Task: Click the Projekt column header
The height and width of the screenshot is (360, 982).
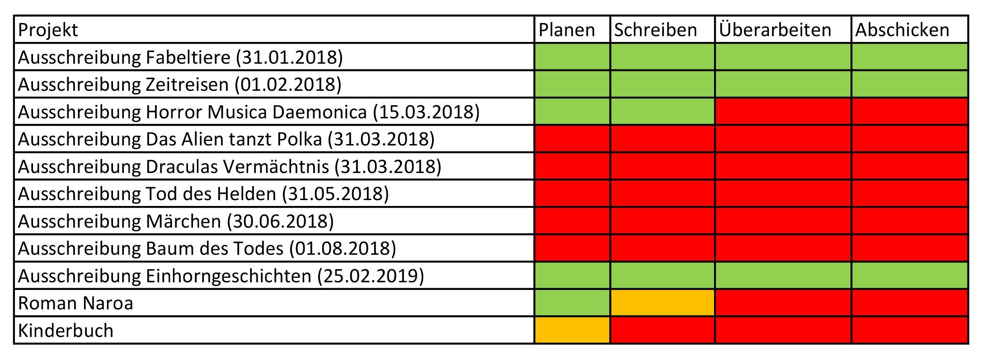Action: (48, 30)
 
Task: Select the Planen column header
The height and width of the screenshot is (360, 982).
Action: (567, 30)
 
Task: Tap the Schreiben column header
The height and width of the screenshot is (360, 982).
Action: (655, 30)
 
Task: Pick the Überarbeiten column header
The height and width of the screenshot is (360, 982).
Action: (775, 30)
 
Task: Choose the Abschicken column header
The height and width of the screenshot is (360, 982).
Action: (902, 30)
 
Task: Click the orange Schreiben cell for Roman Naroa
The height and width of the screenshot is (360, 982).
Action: (662, 303)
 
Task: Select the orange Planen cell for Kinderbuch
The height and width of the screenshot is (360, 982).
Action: (572, 330)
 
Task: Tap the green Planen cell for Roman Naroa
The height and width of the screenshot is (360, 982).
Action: (572, 303)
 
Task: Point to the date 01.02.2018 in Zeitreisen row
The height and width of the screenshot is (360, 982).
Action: (288, 84)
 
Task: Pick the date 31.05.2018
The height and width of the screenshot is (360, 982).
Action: (335, 194)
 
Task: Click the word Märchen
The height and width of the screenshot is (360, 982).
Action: (183, 221)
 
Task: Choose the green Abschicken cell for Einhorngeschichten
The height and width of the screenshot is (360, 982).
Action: (909, 276)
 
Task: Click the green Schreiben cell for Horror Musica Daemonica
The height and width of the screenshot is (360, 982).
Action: (662, 112)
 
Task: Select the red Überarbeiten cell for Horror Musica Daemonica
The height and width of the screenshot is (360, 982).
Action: (783, 112)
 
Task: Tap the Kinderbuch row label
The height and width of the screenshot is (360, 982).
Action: (66, 330)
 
